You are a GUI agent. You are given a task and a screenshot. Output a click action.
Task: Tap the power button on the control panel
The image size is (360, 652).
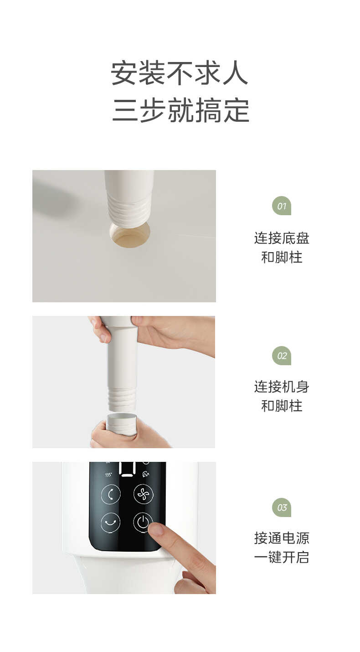click(143, 522)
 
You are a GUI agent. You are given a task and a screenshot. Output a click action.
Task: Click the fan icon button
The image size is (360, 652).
click(143, 494)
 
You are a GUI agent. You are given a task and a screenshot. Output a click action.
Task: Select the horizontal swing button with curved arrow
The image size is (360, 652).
click(110, 522)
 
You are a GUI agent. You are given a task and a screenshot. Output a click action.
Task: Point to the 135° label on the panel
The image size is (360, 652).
click(108, 475)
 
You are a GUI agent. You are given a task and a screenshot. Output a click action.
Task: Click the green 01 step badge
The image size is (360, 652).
click(282, 206)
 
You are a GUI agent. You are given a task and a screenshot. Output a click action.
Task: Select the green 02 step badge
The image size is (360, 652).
click(282, 356)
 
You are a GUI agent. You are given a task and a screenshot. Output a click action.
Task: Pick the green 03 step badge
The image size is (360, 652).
click(282, 507)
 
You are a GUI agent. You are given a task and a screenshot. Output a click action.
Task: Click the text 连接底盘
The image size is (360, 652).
click(282, 238)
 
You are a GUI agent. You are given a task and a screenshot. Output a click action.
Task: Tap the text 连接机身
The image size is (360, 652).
click(282, 387)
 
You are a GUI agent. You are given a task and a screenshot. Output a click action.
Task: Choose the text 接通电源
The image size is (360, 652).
click(282, 538)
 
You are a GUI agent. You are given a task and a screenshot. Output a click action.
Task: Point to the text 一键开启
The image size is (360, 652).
click(282, 557)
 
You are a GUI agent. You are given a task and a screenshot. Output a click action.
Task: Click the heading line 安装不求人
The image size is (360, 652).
click(180, 73)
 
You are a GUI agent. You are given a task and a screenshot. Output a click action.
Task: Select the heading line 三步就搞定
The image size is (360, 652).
click(180, 110)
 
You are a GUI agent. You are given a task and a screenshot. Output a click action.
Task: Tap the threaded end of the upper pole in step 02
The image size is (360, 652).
click(122, 400)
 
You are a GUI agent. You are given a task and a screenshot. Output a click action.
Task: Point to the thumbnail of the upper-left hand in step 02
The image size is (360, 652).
click(104, 338)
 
